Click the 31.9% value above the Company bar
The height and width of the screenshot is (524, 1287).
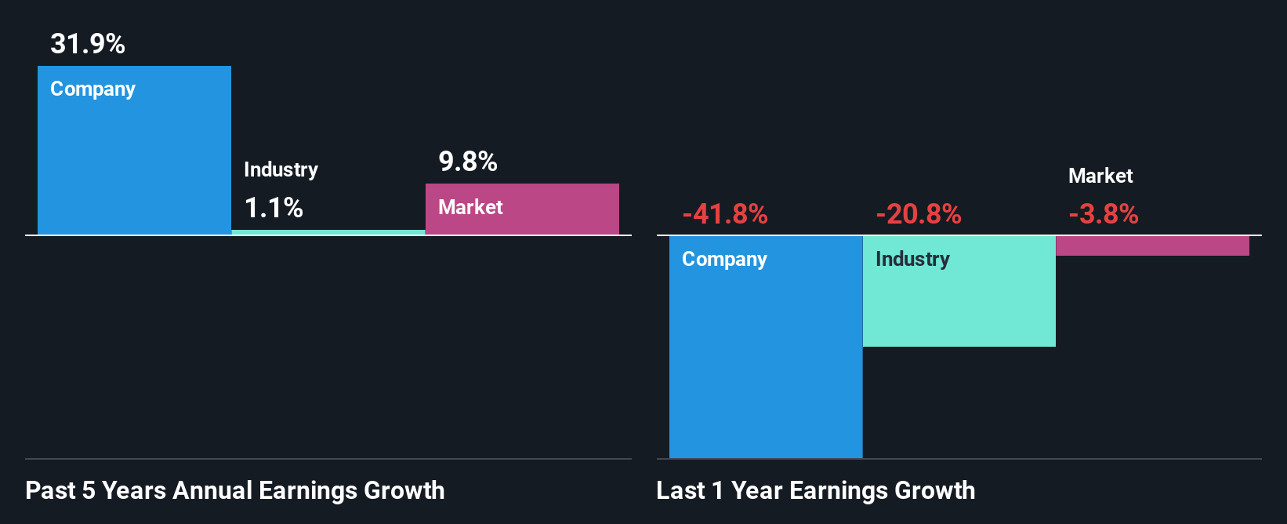pos(88,44)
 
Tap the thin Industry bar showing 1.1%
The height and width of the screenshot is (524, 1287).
pos(328,232)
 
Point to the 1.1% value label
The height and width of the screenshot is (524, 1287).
pos(274,208)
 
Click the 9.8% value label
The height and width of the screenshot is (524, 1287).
pos(468,162)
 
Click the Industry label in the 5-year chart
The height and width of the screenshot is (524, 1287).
pos(281,169)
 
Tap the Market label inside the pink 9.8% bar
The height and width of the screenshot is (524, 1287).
pos(470,207)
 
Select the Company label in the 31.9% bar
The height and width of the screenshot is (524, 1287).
pos(92,89)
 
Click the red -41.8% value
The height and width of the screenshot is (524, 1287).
pos(725,214)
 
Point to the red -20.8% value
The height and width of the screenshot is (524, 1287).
pos(919,214)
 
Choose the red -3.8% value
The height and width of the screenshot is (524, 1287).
pos(1104,214)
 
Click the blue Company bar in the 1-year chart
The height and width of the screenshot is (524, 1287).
pos(766,361)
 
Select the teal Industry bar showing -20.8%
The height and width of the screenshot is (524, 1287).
pos(959,306)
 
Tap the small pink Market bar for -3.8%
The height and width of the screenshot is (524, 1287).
pos(1152,246)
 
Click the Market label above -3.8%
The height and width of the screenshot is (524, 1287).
pos(1100,176)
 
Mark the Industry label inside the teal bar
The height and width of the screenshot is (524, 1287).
pos(912,259)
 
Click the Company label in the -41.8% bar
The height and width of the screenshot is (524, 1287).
pos(724,259)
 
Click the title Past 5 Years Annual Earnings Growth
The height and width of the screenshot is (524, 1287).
pos(235,490)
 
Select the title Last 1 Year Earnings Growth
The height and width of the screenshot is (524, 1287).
pos(816,490)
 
